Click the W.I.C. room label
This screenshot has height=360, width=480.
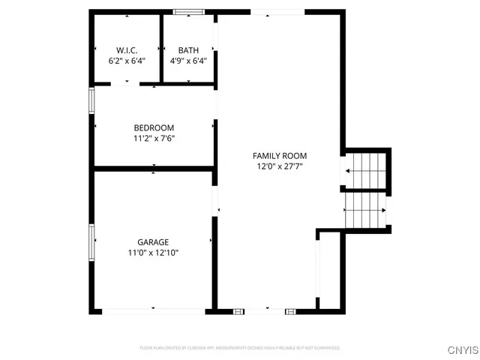pos(126,51)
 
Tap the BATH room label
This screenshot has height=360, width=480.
pos(188,51)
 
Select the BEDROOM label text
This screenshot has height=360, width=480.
pos(154,127)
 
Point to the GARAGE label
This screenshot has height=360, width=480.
pos(153,242)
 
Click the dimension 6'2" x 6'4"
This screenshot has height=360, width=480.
pos(126,61)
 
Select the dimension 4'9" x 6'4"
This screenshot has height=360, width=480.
pos(188,61)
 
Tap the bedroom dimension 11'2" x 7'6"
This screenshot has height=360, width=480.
pos(154,138)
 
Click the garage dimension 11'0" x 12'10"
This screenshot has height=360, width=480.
pos(153,253)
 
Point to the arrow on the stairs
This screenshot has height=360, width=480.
pos(349,171)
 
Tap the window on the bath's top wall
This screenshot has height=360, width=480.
pos(189,12)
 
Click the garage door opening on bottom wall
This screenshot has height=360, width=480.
pos(152,310)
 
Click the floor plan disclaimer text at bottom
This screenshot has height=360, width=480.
pos(240,348)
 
